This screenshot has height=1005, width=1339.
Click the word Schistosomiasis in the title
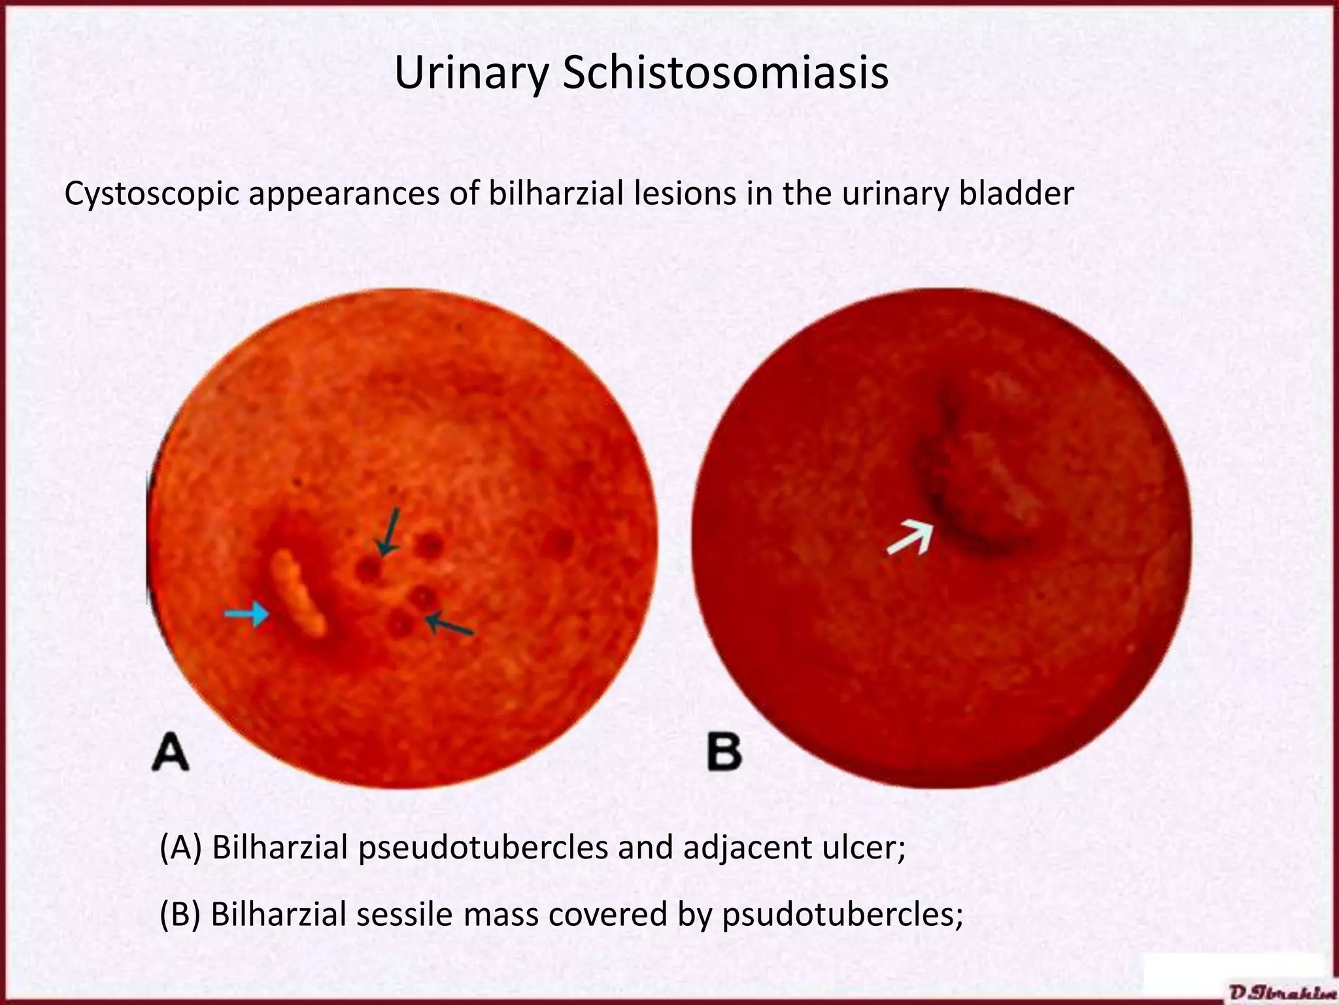coord(725,73)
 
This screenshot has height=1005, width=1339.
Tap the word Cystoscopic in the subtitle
coord(151,194)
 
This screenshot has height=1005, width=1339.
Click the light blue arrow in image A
coord(246,614)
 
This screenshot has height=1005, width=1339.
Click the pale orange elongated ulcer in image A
coord(299,593)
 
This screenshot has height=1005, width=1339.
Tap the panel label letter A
coord(171,752)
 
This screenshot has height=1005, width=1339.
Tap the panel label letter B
coord(724,752)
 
